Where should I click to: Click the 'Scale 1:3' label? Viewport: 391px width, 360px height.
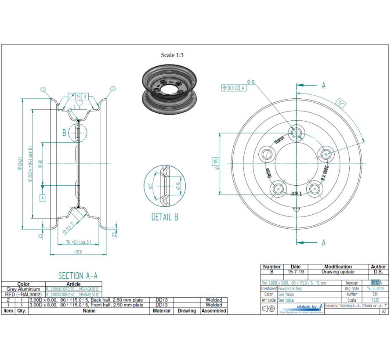tap(172, 55)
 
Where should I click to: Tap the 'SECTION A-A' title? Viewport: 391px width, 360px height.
tap(78, 276)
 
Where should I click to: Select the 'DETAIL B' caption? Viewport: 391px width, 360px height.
tap(165, 217)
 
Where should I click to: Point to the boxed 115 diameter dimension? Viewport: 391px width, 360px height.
tap(216, 161)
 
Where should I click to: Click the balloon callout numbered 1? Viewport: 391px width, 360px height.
tap(43, 89)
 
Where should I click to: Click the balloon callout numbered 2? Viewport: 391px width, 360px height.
tap(113, 89)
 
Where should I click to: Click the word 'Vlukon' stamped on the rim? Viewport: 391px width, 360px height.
tap(279, 140)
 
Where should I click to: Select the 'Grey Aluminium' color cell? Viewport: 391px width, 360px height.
tap(23, 289)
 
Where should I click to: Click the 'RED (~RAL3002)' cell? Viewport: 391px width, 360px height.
tap(23, 295)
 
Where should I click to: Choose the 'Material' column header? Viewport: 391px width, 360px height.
tap(161, 310)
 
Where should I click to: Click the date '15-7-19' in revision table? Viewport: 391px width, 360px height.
tap(295, 272)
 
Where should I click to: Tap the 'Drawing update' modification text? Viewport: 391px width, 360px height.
tap(337, 272)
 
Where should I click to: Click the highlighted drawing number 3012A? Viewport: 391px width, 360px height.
tap(376, 283)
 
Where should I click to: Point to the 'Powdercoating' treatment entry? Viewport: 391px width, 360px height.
tap(290, 289)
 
